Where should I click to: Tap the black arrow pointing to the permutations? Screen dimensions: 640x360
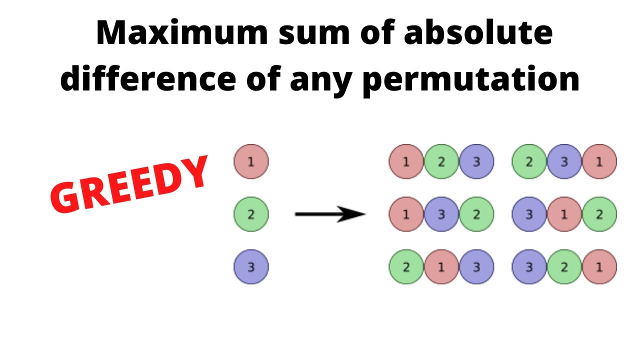point(330,214)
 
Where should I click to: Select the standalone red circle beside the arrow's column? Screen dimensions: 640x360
point(251,161)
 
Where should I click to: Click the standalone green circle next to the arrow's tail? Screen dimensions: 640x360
point(251,214)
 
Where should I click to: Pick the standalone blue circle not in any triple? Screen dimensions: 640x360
point(251,267)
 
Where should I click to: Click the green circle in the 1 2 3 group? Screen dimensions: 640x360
point(441,161)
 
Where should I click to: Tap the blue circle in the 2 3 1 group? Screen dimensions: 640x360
point(564,161)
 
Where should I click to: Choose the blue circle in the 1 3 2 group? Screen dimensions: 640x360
point(441,214)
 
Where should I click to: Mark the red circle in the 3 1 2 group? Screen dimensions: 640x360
point(564,214)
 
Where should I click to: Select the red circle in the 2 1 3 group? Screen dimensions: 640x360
point(441,267)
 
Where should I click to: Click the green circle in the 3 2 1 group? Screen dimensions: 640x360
point(564,267)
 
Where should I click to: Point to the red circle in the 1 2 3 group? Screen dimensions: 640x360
point(406,161)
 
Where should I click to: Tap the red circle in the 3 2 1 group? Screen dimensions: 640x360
point(599,267)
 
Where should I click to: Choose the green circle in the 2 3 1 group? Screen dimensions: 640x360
point(529,161)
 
